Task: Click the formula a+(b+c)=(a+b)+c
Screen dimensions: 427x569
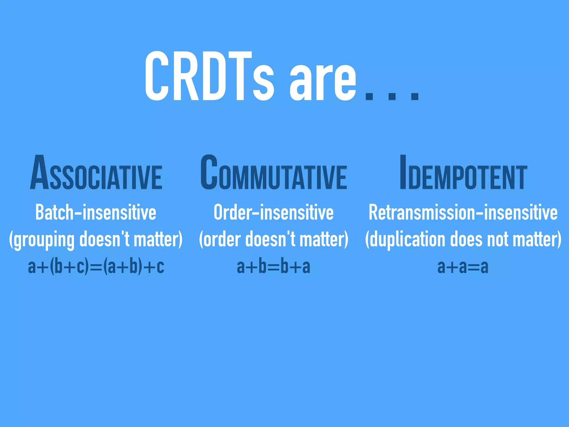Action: point(96,266)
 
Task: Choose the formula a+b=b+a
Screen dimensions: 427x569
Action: point(273,266)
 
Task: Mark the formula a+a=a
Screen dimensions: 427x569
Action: point(463,266)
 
